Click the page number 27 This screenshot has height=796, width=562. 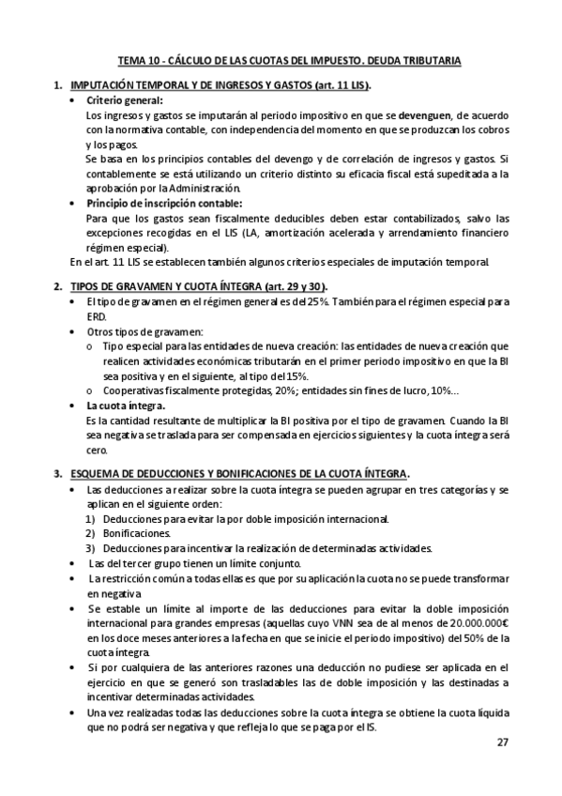(x=503, y=742)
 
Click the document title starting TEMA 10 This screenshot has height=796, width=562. (x=288, y=61)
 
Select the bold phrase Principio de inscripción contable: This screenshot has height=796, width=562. (x=163, y=202)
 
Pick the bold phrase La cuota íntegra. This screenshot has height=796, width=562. (x=125, y=405)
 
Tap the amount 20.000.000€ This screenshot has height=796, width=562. (x=475, y=622)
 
